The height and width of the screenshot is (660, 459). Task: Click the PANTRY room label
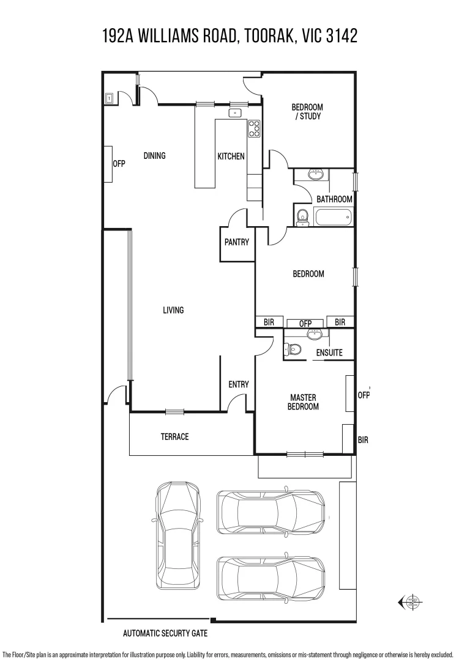[x=236, y=242]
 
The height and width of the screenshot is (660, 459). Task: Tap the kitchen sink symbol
[x=235, y=113]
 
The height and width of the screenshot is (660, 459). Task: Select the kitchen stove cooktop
[x=254, y=128]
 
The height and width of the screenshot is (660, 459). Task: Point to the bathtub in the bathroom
[x=333, y=217]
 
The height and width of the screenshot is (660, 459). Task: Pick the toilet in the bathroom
[x=302, y=218]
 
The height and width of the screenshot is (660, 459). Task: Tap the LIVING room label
[x=173, y=310]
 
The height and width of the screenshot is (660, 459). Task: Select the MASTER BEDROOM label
[x=303, y=402]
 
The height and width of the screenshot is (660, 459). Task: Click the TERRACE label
[x=174, y=437]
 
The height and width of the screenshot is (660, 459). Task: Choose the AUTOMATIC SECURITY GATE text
[x=165, y=633]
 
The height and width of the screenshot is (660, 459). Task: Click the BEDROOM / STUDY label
[x=307, y=112]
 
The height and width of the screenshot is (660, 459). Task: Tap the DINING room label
[x=154, y=156]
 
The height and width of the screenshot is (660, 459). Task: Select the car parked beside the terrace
[x=178, y=537]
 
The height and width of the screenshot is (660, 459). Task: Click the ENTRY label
[x=239, y=384]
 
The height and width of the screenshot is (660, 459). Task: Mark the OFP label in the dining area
[x=119, y=163]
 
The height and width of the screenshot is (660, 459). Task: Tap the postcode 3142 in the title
[x=342, y=36]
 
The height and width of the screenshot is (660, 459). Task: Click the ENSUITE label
[x=329, y=353]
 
